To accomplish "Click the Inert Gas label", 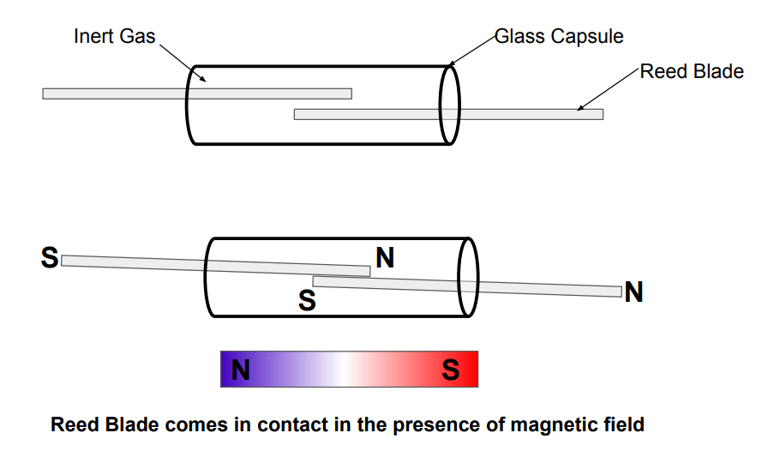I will [115, 37].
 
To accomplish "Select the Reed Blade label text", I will [693, 71].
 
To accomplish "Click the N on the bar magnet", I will [241, 370].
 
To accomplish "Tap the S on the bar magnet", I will [450, 370].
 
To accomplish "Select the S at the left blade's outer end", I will [50, 257].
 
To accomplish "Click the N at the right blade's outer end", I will [634, 292].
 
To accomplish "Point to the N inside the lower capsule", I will [385, 257].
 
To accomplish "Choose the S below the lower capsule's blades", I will [307, 300].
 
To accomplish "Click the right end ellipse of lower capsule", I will [468, 277].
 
